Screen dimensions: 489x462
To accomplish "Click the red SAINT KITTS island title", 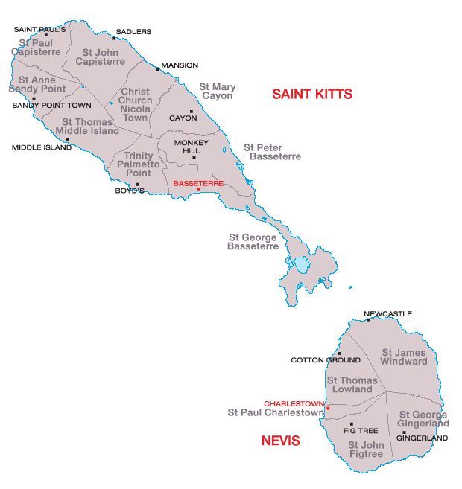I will tap(311, 95).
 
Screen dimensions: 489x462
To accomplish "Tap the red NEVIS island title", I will tap(280, 441).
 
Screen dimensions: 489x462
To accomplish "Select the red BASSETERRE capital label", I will tap(197, 182).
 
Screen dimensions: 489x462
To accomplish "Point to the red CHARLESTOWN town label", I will tap(294, 403).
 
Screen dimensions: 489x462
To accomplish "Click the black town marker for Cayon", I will tap(192, 112).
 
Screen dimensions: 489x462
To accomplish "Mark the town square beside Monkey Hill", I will tap(194, 157).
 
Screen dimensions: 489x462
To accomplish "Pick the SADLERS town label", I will tap(134, 32).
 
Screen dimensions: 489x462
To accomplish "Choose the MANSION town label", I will tap(180, 65).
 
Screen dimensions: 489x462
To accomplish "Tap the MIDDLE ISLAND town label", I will tap(41, 147).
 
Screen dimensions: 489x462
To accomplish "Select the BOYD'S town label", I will tap(128, 191).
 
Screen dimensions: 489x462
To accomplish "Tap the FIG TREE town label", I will tap(360, 431).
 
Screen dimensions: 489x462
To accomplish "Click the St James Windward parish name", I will tap(404, 357).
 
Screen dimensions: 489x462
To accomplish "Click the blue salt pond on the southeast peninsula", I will tap(300, 265).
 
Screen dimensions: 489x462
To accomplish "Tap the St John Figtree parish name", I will tap(365, 449).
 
